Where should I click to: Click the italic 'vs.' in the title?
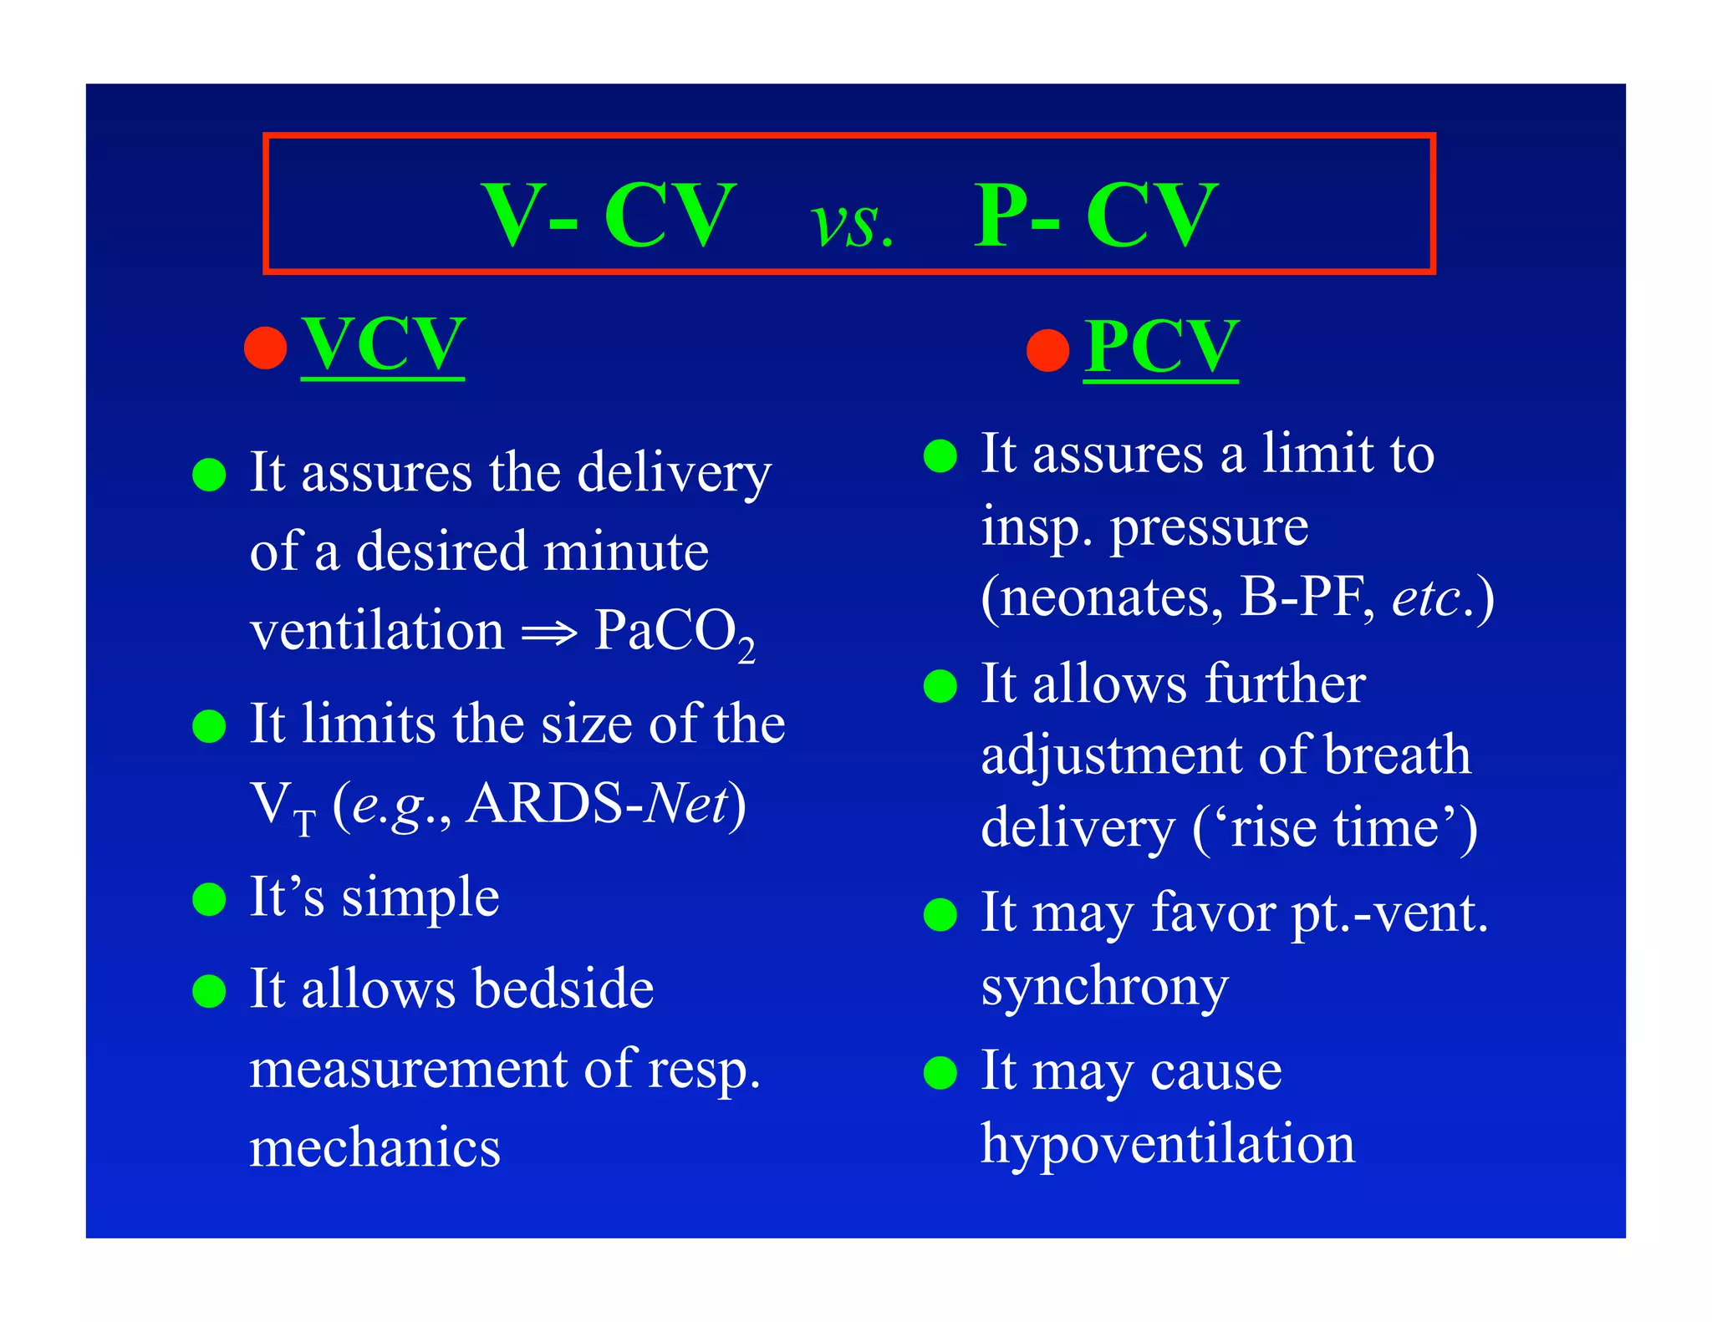852,224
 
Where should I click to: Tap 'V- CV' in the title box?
609,216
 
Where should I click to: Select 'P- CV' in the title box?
1096,216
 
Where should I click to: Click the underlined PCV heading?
1161,347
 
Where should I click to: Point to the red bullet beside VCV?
266,347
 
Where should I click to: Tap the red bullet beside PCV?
1048,350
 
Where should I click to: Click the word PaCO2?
674,632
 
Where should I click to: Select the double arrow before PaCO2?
549,633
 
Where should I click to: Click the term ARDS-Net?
597,804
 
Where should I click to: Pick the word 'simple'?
420,898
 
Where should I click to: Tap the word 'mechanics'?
375,1147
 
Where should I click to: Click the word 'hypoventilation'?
1168,1143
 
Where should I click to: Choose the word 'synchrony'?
1104,987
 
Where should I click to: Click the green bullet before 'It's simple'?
209,900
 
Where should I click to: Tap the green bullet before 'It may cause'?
940,1073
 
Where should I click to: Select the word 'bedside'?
563,989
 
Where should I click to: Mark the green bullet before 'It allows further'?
940,686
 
